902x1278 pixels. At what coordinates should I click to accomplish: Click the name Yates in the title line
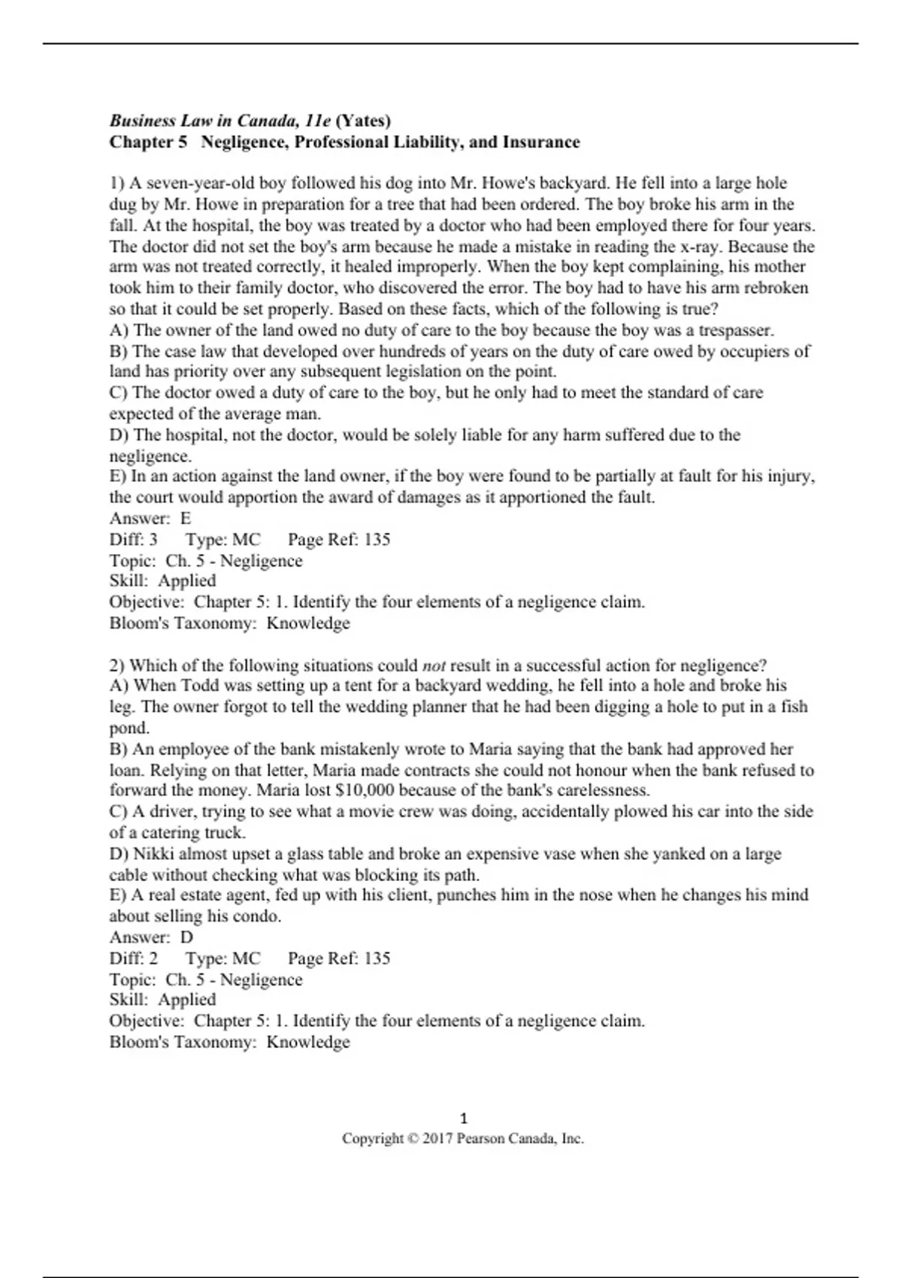[364, 120]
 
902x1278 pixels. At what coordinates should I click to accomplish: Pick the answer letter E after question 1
[186, 518]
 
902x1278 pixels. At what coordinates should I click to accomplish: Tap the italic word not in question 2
[434, 665]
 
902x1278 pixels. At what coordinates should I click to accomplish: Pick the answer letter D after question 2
[186, 937]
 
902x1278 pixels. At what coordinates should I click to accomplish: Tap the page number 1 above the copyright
[463, 1118]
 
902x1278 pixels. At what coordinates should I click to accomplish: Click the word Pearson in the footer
[482, 1139]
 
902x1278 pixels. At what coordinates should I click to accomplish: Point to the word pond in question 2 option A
[129, 728]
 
